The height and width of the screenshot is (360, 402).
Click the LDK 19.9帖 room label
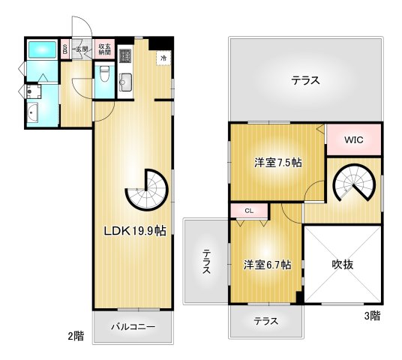135,230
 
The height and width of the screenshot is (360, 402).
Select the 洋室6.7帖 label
266,264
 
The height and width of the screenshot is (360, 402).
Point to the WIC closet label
354,140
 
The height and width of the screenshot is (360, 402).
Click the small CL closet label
249,211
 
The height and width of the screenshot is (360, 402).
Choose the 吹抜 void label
342,264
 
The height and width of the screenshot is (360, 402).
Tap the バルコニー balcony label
133,327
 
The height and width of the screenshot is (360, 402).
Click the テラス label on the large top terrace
305,80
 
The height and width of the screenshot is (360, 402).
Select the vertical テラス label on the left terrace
205,262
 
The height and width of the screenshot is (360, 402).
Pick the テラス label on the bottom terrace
265,321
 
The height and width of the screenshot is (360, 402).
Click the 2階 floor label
75,337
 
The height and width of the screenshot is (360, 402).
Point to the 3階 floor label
372,316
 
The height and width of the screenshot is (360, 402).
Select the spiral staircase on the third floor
352,183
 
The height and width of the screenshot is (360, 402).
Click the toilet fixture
105,74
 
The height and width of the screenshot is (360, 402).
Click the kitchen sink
125,80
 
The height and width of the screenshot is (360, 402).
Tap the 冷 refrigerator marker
163,56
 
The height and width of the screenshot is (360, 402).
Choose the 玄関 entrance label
80,49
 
